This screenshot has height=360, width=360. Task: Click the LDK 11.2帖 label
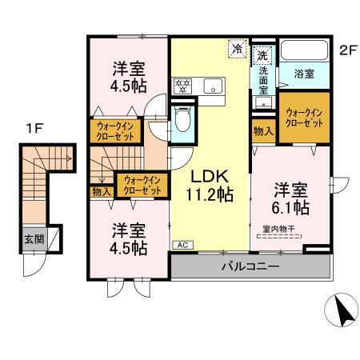click(x=210, y=185)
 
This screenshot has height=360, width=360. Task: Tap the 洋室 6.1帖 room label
click(x=290, y=199)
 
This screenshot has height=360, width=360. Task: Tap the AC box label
click(x=181, y=245)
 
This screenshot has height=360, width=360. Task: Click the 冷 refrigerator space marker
click(x=238, y=49)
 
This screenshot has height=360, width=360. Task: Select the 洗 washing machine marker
click(x=262, y=56)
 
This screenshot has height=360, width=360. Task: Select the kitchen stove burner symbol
click(x=182, y=83)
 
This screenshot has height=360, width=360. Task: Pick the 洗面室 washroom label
click(x=263, y=81)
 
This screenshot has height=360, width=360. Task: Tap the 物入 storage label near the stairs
click(x=102, y=192)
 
